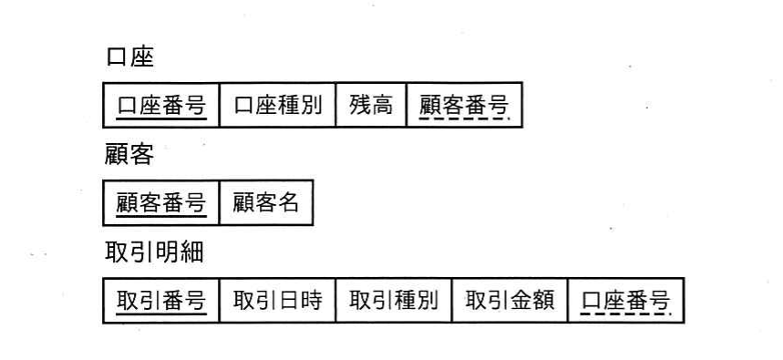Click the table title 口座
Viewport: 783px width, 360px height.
click(129, 57)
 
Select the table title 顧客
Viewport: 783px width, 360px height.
click(129, 155)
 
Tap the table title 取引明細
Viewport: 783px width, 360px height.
click(154, 252)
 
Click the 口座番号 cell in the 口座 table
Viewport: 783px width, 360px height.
click(160, 106)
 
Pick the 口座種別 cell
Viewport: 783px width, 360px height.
click(278, 106)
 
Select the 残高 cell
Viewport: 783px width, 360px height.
click(371, 106)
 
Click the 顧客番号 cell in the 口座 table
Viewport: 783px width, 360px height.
click(464, 106)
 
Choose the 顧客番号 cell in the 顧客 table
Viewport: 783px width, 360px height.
click(160, 203)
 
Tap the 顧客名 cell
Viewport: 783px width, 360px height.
click(266, 203)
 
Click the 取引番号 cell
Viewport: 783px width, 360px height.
click(160, 301)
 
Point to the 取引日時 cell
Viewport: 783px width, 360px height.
click(278, 301)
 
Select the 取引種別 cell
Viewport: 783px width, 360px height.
click(394, 301)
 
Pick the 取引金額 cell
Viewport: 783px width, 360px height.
click(510, 301)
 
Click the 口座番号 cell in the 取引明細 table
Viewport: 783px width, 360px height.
click(626, 301)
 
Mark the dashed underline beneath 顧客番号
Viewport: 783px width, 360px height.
click(464, 118)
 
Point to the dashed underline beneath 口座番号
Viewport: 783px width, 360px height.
click(626, 314)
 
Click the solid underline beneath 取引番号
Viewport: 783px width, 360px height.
click(161, 314)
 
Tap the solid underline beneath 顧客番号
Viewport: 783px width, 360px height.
click(161, 216)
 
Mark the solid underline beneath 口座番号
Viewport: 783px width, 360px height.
click(161, 118)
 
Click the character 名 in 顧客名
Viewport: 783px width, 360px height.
click(289, 202)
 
